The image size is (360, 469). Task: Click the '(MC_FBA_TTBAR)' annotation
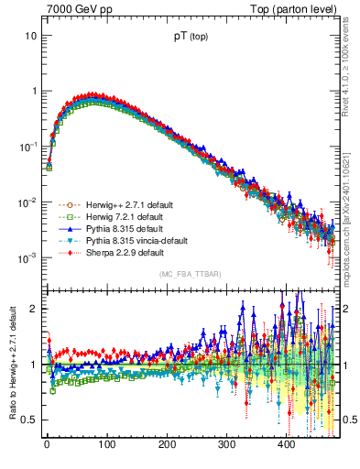pos(188,274)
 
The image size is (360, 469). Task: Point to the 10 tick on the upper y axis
pos(31,36)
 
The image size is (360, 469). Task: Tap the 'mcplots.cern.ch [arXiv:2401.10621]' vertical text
pos(349,198)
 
